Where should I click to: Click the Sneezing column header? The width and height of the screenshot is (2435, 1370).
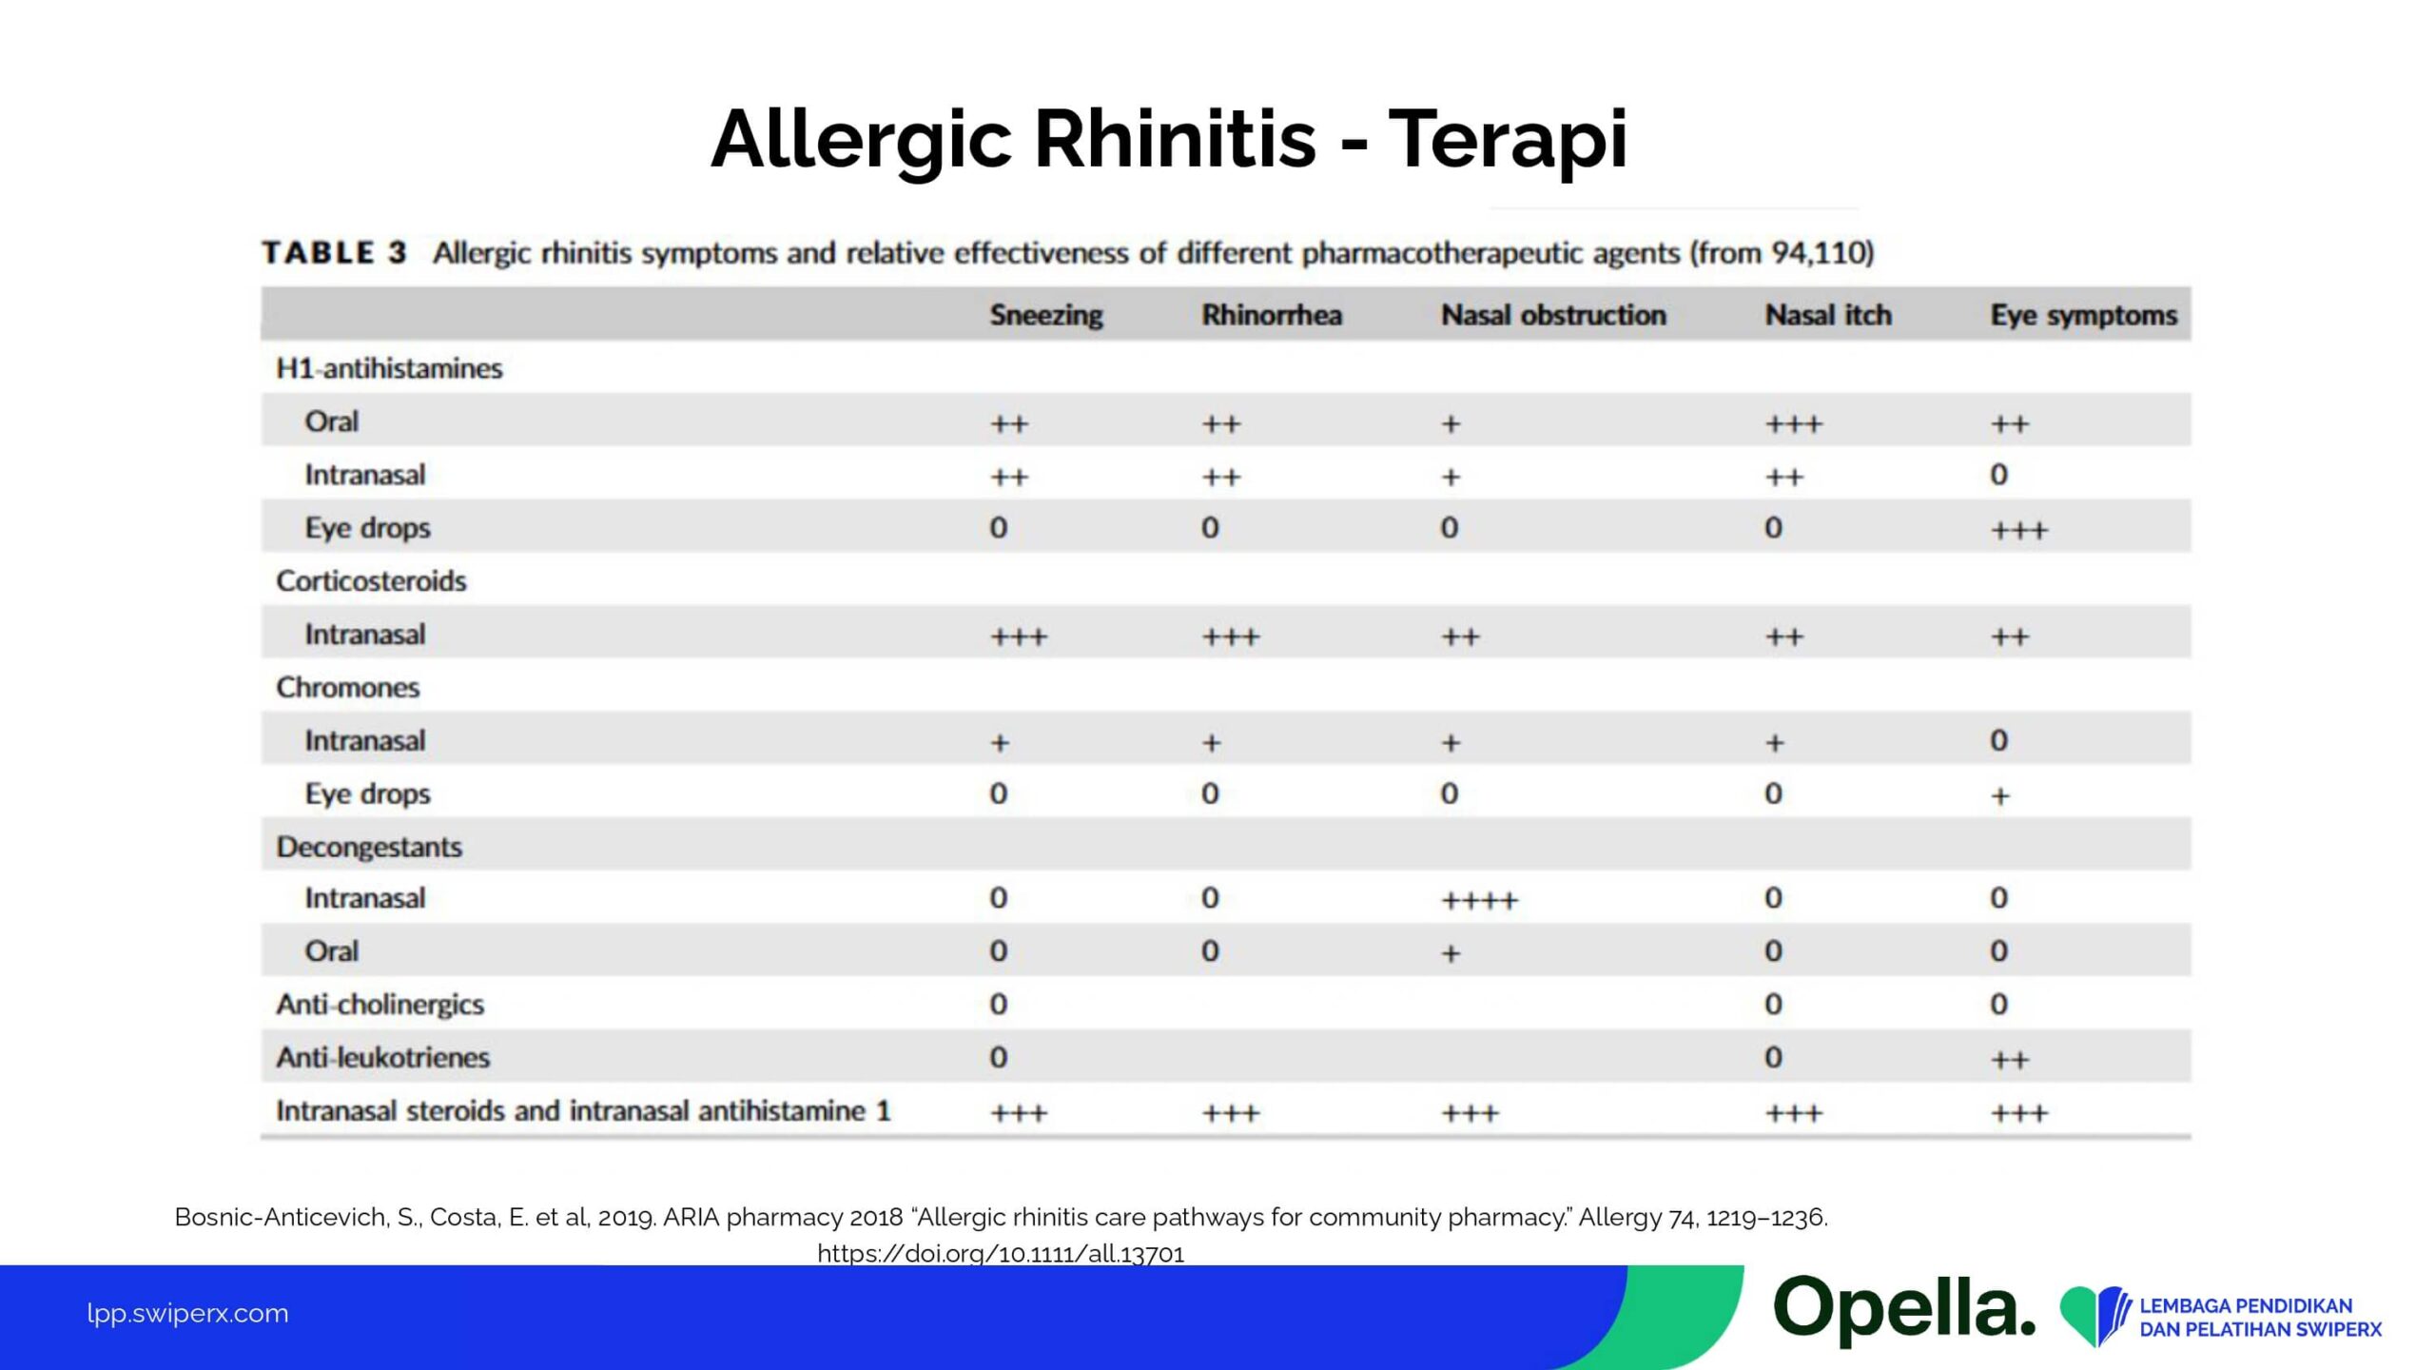(x=1045, y=315)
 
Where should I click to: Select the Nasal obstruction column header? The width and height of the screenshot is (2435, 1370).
(x=1553, y=315)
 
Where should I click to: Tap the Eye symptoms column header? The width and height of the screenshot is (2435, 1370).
(x=2083, y=315)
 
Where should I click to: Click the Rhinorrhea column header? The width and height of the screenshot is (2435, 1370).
(x=1271, y=315)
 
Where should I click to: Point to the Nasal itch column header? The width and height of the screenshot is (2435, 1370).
(x=1827, y=315)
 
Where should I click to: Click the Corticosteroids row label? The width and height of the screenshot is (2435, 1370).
(x=371, y=580)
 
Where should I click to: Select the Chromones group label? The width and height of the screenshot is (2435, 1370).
(x=347, y=687)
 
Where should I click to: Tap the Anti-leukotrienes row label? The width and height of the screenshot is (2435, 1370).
(x=382, y=1057)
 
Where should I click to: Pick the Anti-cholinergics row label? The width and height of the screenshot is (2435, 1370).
(x=380, y=1004)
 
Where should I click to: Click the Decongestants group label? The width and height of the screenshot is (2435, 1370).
(x=369, y=847)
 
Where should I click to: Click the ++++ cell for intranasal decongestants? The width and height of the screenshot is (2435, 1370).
(x=1479, y=900)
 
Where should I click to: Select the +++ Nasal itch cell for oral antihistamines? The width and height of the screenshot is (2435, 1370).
(x=1793, y=424)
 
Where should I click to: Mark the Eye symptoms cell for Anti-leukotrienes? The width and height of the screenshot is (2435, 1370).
(x=2009, y=1060)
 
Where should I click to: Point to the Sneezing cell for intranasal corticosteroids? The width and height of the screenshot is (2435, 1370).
(x=1018, y=636)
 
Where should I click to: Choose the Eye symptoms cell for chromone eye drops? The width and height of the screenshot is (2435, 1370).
(x=1999, y=795)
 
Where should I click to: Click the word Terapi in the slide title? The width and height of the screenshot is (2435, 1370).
(x=1508, y=140)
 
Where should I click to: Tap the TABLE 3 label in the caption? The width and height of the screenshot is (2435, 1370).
(x=334, y=253)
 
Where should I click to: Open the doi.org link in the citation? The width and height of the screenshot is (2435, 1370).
(x=1001, y=1253)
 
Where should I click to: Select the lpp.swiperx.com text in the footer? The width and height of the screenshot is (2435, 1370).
(x=187, y=1313)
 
